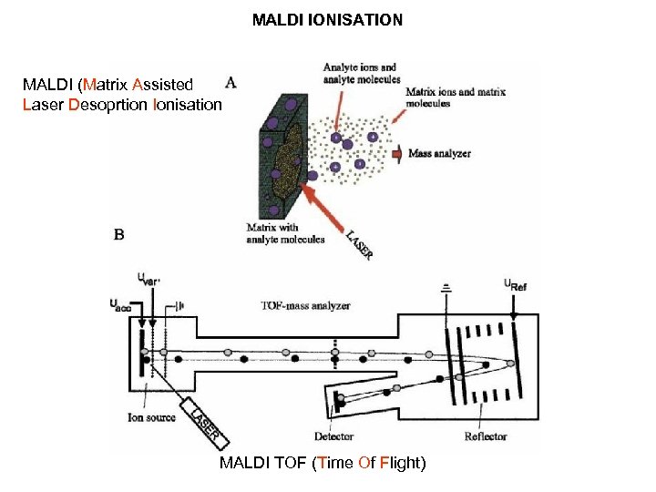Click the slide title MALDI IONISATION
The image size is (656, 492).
click(327, 17)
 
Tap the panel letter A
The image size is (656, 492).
click(231, 83)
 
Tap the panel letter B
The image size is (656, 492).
click(119, 234)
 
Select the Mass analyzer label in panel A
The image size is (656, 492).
click(440, 154)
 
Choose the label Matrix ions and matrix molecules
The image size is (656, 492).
click(452, 97)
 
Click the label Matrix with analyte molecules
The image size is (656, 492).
click(285, 234)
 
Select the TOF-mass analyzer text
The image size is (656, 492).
click(304, 306)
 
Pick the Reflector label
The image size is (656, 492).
click(485, 436)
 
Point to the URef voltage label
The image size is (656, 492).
click(517, 283)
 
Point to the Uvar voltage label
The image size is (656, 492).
click(148, 278)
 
